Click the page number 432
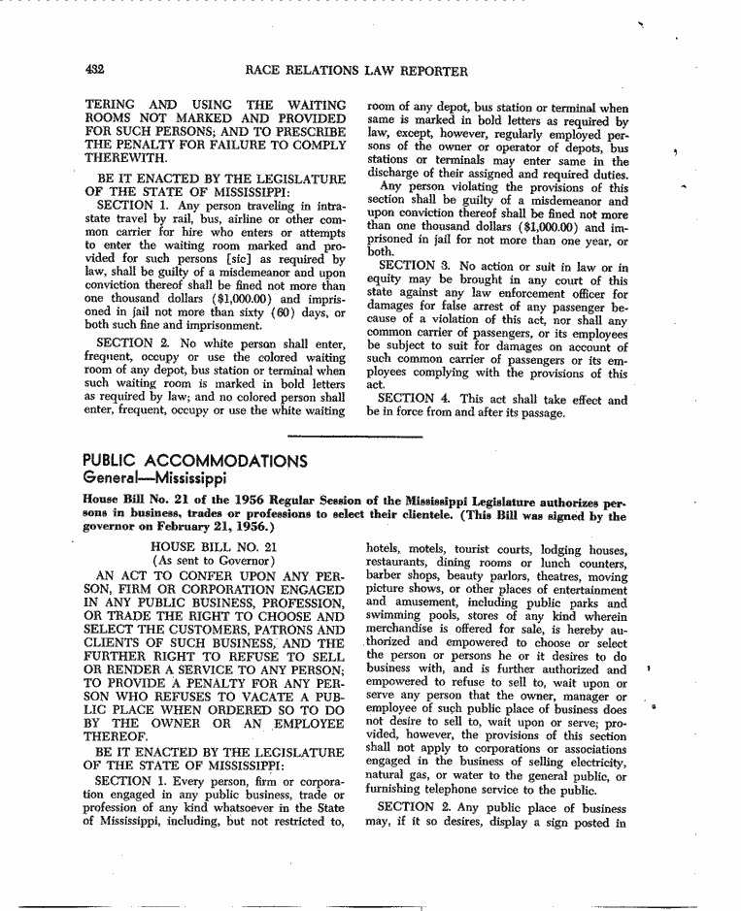[x=95, y=70]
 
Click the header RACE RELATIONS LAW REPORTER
[x=357, y=71]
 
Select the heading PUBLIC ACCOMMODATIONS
[x=195, y=461]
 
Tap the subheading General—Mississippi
[x=154, y=478]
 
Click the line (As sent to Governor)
[x=210, y=562]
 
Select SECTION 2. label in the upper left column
[x=138, y=342]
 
